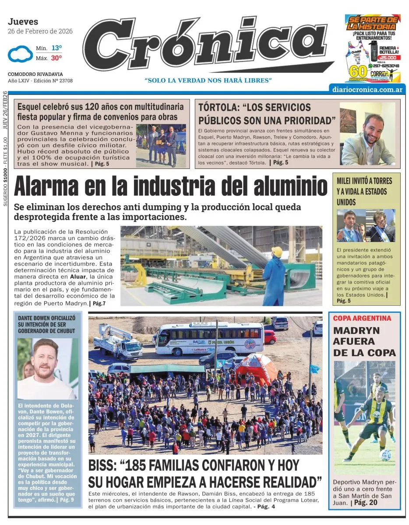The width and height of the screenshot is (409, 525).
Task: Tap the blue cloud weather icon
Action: [18, 54]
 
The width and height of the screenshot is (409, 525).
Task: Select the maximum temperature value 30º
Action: [56, 58]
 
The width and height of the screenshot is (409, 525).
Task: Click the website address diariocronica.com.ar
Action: [368, 88]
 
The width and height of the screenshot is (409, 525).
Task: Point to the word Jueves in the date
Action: [23, 21]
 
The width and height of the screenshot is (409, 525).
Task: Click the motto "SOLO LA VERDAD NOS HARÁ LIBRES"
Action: [208, 80]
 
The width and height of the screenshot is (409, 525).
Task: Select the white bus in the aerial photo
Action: [208, 339]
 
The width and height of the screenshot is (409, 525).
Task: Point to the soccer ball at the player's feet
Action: [385, 455]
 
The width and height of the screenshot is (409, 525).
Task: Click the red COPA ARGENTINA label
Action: [362, 318]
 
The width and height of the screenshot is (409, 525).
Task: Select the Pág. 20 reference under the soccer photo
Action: [366, 503]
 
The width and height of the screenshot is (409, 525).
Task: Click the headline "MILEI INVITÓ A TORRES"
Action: [364, 181]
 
